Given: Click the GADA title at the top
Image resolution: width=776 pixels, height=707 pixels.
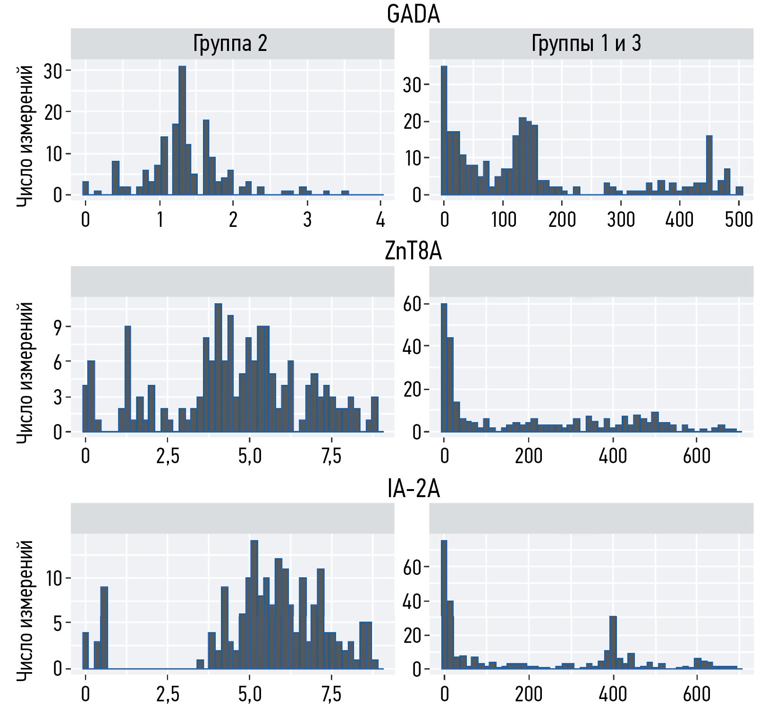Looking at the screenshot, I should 413,14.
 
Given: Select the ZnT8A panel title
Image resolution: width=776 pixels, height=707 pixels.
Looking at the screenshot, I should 413,251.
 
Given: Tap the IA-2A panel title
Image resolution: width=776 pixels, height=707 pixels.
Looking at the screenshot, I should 413,489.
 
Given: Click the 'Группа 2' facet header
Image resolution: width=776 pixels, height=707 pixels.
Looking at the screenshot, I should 230,44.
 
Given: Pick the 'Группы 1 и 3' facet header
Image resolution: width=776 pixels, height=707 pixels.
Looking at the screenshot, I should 586,44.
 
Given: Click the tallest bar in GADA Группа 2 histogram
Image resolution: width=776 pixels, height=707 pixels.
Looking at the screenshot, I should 182,132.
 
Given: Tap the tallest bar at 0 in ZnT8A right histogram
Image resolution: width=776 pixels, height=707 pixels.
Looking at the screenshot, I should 444,368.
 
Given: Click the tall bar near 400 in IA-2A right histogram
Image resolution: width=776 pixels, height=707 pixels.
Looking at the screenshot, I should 613,642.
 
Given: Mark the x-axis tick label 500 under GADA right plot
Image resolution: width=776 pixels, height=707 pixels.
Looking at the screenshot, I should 739,220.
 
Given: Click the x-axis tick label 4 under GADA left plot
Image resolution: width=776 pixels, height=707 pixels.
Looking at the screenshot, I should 380,220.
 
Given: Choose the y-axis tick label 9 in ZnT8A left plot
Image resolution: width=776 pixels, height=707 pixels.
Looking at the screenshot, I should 58,327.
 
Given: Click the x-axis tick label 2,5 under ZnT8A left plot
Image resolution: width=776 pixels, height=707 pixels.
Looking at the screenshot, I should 168,457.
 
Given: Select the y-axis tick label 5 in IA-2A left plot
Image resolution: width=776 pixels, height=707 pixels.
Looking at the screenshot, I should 58,624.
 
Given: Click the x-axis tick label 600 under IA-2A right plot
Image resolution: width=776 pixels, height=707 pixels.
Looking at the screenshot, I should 697,694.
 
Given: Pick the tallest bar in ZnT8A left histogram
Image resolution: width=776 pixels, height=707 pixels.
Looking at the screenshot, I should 218,368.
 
